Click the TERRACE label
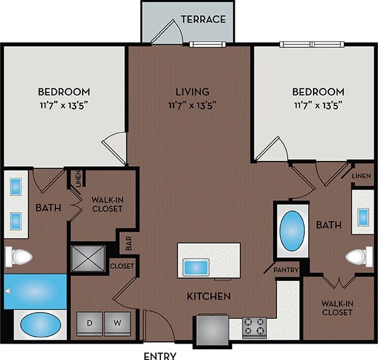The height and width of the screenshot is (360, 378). [x=203, y=19]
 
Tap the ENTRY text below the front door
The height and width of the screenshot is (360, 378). [x=159, y=356]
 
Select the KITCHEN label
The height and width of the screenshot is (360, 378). [x=208, y=296]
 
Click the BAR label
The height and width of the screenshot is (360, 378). [x=128, y=242]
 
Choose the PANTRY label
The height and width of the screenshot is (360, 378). [x=286, y=270]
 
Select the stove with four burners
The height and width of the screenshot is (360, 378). [x=254, y=327]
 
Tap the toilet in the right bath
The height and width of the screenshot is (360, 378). [x=359, y=256]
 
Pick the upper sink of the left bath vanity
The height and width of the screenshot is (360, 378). [x=15, y=186]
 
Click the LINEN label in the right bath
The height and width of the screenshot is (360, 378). [x=362, y=175]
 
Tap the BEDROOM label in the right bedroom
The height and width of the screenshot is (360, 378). [x=319, y=92]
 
